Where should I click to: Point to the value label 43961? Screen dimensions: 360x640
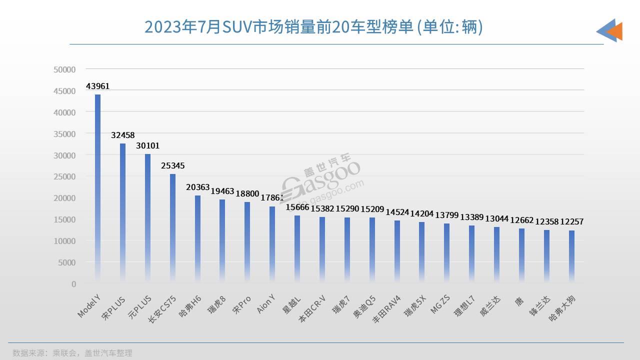(x=97, y=86)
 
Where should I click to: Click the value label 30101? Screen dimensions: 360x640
(x=147, y=146)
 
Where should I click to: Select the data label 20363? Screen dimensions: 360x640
(x=197, y=187)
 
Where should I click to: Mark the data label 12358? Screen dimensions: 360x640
(x=546, y=221)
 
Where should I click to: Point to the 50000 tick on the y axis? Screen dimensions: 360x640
(x=64, y=69)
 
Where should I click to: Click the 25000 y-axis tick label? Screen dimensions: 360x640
(x=64, y=176)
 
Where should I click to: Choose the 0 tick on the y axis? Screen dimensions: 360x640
(x=73, y=284)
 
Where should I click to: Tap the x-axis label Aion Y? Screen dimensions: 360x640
(x=265, y=304)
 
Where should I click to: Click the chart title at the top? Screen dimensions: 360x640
(x=313, y=27)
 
